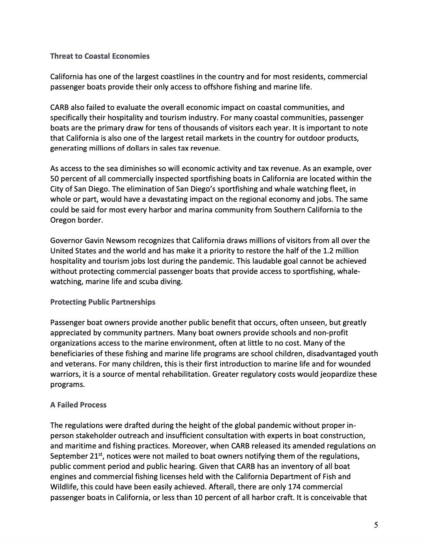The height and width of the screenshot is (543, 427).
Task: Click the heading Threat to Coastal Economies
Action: click(100, 56)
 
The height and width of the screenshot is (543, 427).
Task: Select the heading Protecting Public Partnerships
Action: click(102, 302)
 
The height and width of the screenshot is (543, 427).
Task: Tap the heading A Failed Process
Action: click(78, 405)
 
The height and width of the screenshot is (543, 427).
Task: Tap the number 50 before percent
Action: click(54, 179)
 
